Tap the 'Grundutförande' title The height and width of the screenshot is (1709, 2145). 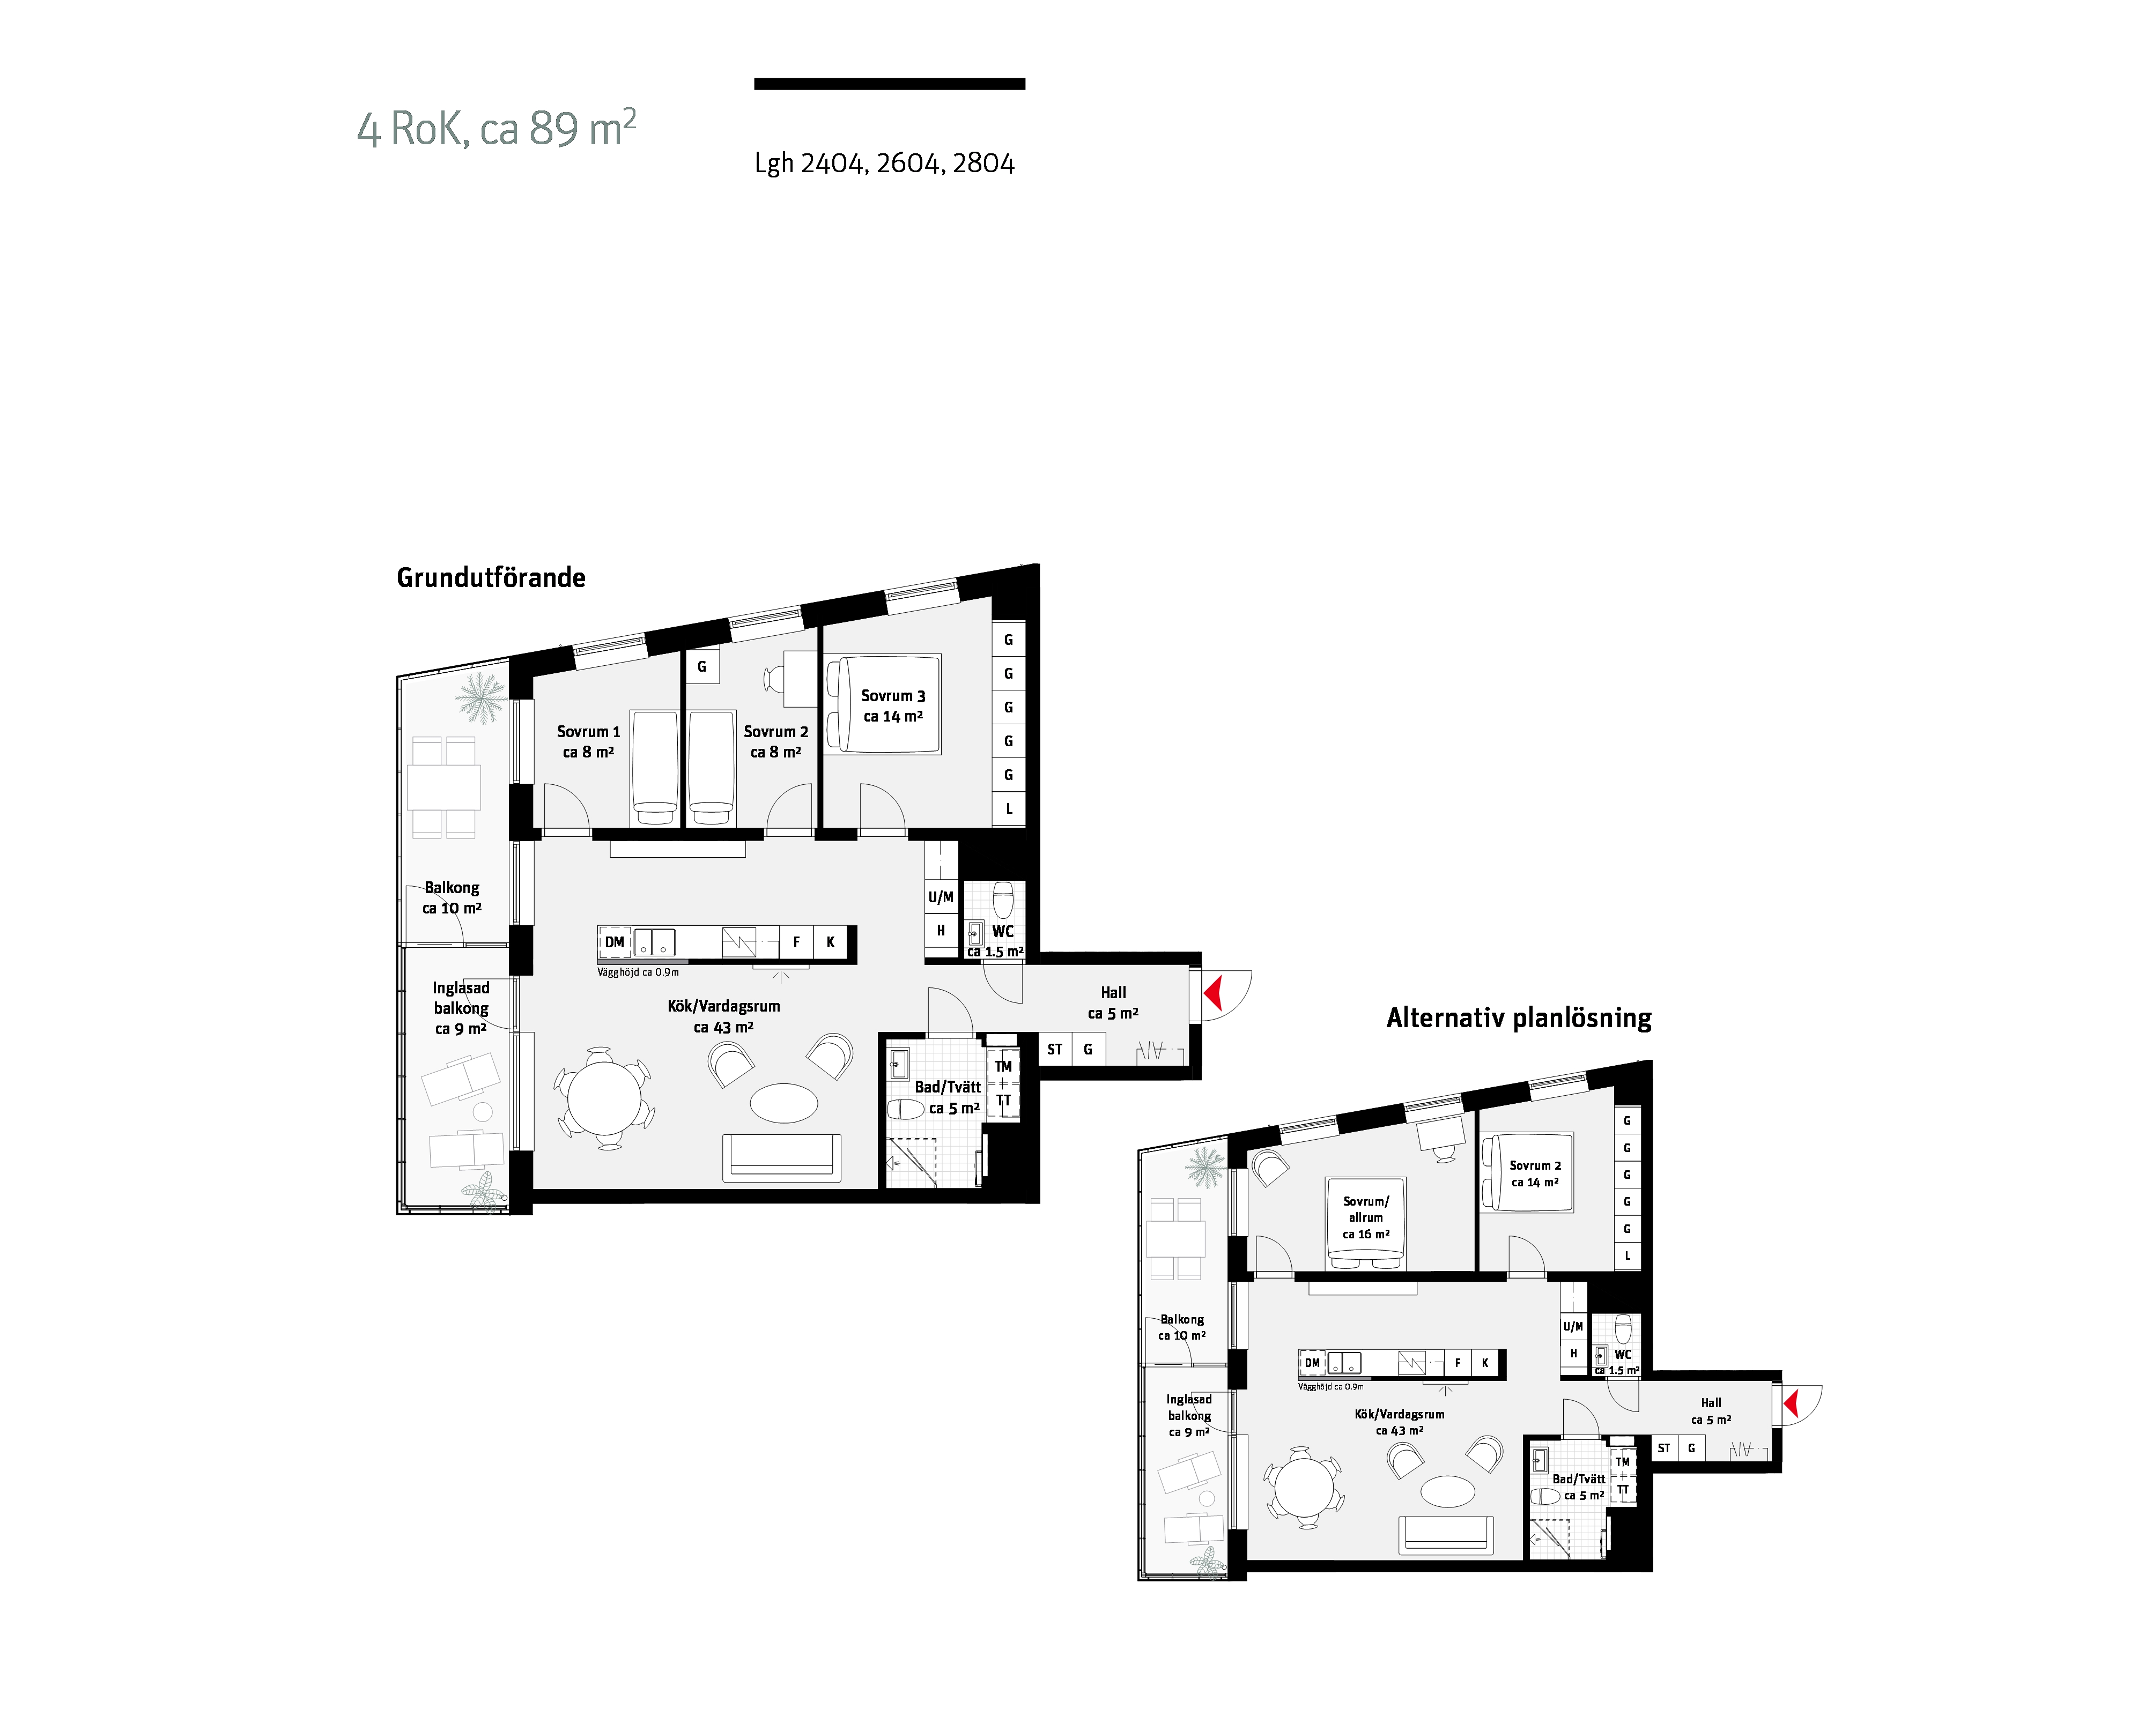click(491, 578)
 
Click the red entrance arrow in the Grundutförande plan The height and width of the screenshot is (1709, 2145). click(1213, 993)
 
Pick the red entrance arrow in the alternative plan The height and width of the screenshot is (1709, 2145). click(1791, 1403)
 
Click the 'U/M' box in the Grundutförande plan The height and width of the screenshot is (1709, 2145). click(940, 897)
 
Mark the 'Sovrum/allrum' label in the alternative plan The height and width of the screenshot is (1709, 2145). click(1366, 1209)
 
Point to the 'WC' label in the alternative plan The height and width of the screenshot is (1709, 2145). click(1623, 1355)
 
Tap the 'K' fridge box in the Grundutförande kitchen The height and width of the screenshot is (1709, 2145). click(830, 942)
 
